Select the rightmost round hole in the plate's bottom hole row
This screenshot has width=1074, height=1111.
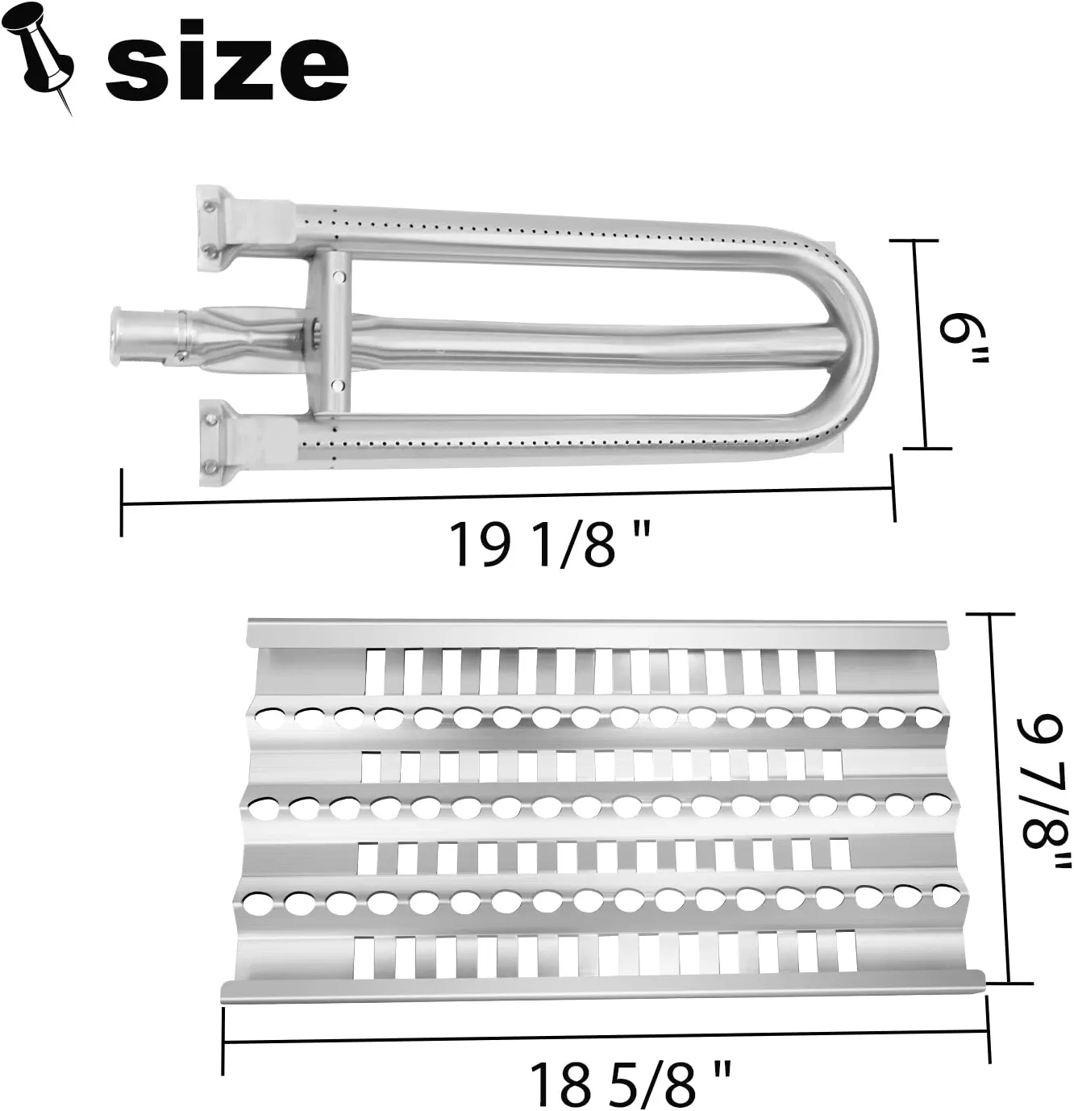pos(947,894)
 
